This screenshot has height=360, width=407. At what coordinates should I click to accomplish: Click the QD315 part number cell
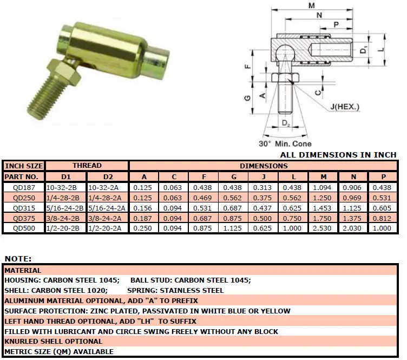click(x=24, y=207)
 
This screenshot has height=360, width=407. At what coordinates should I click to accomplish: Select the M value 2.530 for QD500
click(x=323, y=228)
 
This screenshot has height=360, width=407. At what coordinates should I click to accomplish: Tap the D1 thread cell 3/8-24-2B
click(x=67, y=218)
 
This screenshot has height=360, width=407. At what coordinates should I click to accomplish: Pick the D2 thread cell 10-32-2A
click(x=108, y=187)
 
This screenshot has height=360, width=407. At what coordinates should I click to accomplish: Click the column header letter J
click(x=264, y=176)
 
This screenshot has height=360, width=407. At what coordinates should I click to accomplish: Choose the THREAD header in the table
click(x=87, y=166)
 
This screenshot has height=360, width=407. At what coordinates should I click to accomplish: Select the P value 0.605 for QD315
click(x=383, y=207)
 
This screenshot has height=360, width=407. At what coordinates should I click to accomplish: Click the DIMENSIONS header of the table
click(x=264, y=166)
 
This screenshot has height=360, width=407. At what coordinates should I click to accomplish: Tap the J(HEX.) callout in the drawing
click(x=344, y=107)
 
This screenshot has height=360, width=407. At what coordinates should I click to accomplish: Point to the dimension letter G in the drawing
click(x=247, y=97)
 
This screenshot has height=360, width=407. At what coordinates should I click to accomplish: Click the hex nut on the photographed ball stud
click(x=59, y=70)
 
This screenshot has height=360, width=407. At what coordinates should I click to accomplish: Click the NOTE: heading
click(x=18, y=259)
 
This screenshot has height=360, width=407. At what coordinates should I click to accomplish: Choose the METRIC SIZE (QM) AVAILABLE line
click(x=59, y=352)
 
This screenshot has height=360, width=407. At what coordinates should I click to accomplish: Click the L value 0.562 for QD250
click(x=293, y=197)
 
